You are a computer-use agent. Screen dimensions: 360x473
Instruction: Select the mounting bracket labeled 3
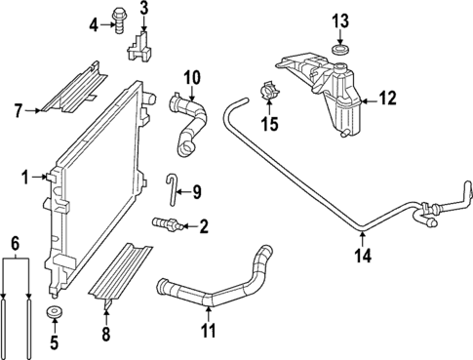pyautogui.click(x=141, y=46)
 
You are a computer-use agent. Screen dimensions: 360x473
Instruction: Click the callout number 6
pyautogui.click(x=15, y=240)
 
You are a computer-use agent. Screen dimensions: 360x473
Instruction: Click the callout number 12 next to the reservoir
pyautogui.click(x=387, y=99)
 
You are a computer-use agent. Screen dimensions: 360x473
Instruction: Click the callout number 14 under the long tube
pyautogui.click(x=363, y=259)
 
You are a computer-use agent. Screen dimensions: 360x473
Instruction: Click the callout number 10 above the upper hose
pyautogui.click(x=191, y=76)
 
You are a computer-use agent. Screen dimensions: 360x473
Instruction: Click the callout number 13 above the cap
pyautogui.click(x=339, y=20)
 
